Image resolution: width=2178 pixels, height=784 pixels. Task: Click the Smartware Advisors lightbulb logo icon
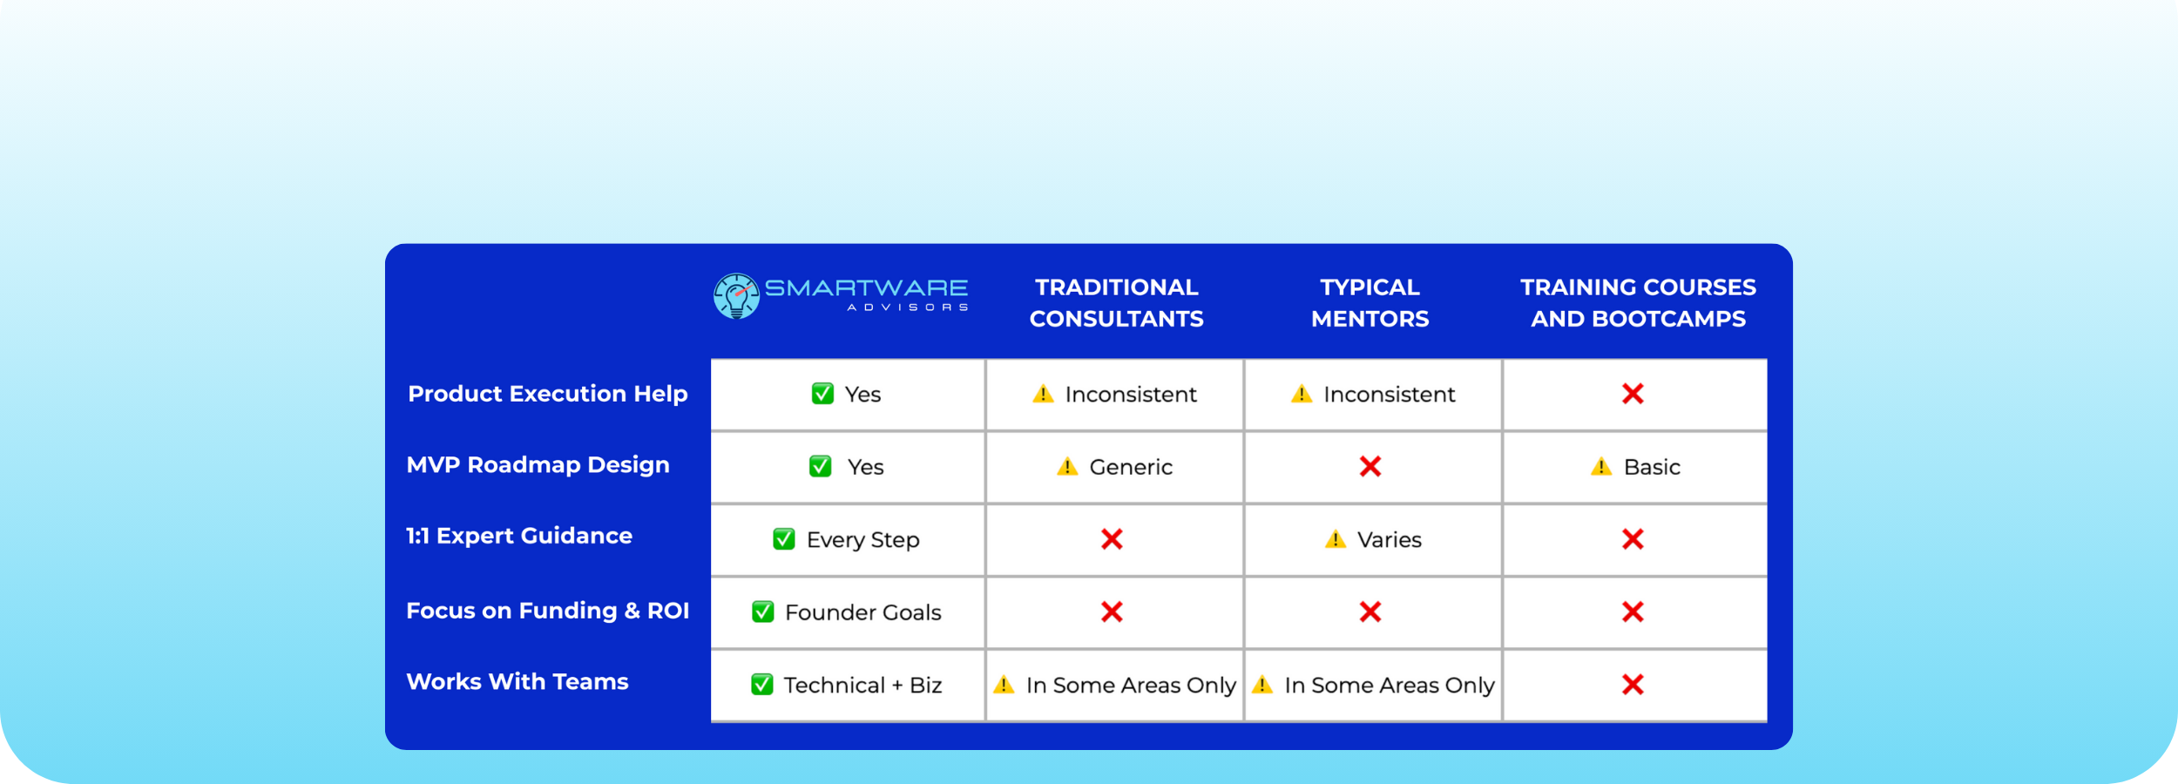click(x=736, y=296)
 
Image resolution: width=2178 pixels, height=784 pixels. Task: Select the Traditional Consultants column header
click(x=1116, y=303)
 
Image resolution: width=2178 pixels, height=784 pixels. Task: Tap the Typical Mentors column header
click(x=1370, y=303)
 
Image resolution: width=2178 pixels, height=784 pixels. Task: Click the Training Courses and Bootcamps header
click(x=1638, y=303)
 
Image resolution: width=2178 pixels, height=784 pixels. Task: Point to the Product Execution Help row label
click(x=548, y=394)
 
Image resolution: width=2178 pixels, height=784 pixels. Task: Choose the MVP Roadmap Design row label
click(x=538, y=465)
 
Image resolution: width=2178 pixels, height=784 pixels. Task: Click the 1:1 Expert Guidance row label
click(x=519, y=536)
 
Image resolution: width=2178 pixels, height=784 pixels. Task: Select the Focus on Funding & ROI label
click(x=547, y=611)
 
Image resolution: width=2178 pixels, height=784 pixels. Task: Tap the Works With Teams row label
click(x=517, y=681)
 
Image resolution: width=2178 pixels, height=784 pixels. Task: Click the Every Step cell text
click(x=862, y=540)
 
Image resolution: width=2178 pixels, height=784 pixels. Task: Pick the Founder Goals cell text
click(x=862, y=612)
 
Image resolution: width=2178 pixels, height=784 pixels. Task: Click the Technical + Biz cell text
click(x=862, y=686)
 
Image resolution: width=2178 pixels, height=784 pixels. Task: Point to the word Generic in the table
click(x=1131, y=467)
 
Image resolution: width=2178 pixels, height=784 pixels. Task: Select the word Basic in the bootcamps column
click(x=1652, y=467)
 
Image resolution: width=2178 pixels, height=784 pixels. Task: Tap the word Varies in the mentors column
click(x=1389, y=540)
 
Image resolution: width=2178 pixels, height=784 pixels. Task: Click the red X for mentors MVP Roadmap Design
click(x=1370, y=467)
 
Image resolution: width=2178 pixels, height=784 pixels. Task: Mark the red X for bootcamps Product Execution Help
click(x=1633, y=394)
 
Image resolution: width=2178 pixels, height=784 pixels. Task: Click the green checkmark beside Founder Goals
click(x=762, y=612)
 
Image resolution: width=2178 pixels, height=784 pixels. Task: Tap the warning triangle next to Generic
click(x=1066, y=466)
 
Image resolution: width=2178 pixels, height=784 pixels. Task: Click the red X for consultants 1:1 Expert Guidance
click(x=1112, y=539)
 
